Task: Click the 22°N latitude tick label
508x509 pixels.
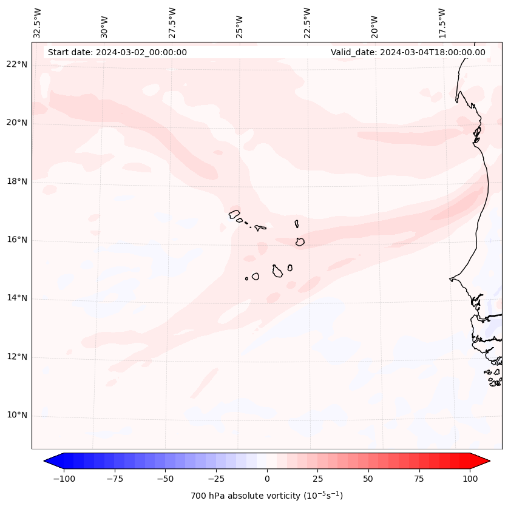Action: (16, 64)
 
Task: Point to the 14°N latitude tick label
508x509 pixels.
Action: (16, 298)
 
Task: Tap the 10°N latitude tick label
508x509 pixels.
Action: (16, 415)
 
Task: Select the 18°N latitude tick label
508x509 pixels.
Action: (16, 181)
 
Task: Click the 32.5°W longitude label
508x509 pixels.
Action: (38, 22)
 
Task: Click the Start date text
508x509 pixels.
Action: (117, 52)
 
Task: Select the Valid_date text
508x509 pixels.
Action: (408, 52)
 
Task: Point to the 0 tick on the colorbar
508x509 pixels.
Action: (267, 479)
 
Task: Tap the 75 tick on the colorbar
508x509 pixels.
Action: (419, 479)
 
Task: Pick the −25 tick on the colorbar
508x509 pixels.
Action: (216, 479)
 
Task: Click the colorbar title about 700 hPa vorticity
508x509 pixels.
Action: (266, 496)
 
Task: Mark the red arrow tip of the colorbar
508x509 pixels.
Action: (489, 461)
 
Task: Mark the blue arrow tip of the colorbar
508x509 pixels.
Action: (46, 461)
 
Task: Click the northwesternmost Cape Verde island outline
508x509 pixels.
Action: (234, 214)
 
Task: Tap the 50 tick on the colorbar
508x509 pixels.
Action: (368, 479)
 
